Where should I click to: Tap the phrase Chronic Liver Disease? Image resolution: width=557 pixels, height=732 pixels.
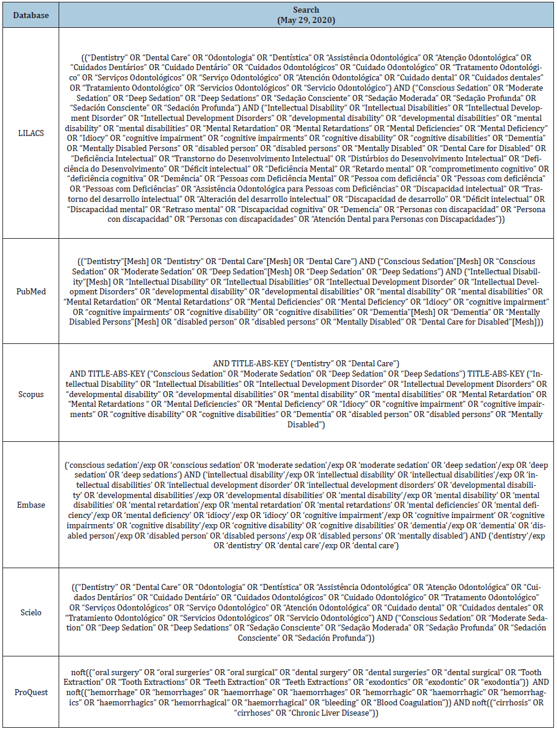tap(340, 713)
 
